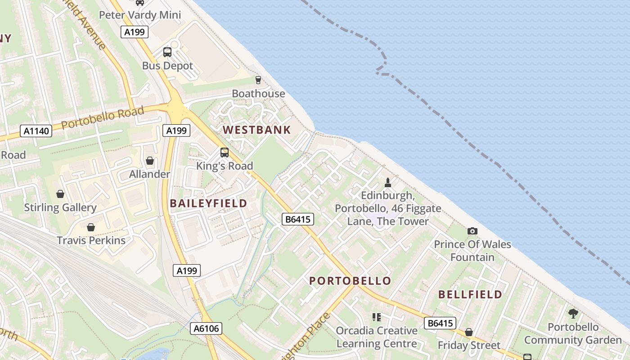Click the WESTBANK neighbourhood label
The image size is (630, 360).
(257, 130)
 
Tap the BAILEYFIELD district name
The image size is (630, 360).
(208, 203)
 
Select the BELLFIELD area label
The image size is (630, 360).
(470, 294)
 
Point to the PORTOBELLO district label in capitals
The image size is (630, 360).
(350, 281)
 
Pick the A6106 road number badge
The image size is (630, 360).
(206, 328)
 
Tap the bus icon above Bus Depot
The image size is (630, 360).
(167, 52)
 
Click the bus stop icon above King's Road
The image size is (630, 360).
(225, 153)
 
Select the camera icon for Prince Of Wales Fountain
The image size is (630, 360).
(472, 231)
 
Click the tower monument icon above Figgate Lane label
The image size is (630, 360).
(388, 182)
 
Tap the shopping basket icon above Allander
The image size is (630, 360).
(150, 161)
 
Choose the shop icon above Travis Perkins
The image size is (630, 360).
(91, 227)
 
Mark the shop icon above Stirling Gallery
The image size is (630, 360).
(60, 194)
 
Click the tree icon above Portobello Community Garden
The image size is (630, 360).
(573, 313)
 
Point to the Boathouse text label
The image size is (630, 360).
(258, 94)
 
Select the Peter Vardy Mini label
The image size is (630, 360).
(140, 15)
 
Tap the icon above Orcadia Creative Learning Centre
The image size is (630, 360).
(377, 317)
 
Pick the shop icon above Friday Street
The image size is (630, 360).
(469, 332)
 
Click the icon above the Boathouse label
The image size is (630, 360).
(258, 80)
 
